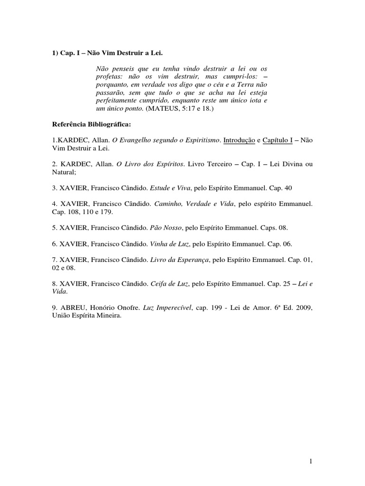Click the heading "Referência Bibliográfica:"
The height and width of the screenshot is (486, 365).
[x=90, y=125]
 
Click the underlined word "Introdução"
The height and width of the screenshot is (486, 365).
[x=239, y=140]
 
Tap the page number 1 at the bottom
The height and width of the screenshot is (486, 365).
[x=309, y=461]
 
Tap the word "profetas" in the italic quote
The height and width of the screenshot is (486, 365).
[x=109, y=76]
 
